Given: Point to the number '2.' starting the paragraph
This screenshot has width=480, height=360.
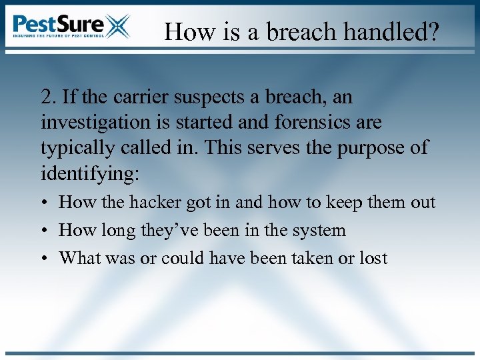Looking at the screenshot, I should (x=49, y=97).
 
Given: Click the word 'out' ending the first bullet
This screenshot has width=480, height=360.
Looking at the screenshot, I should (x=422, y=202).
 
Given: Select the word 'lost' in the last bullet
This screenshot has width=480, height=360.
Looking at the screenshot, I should (x=373, y=258).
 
